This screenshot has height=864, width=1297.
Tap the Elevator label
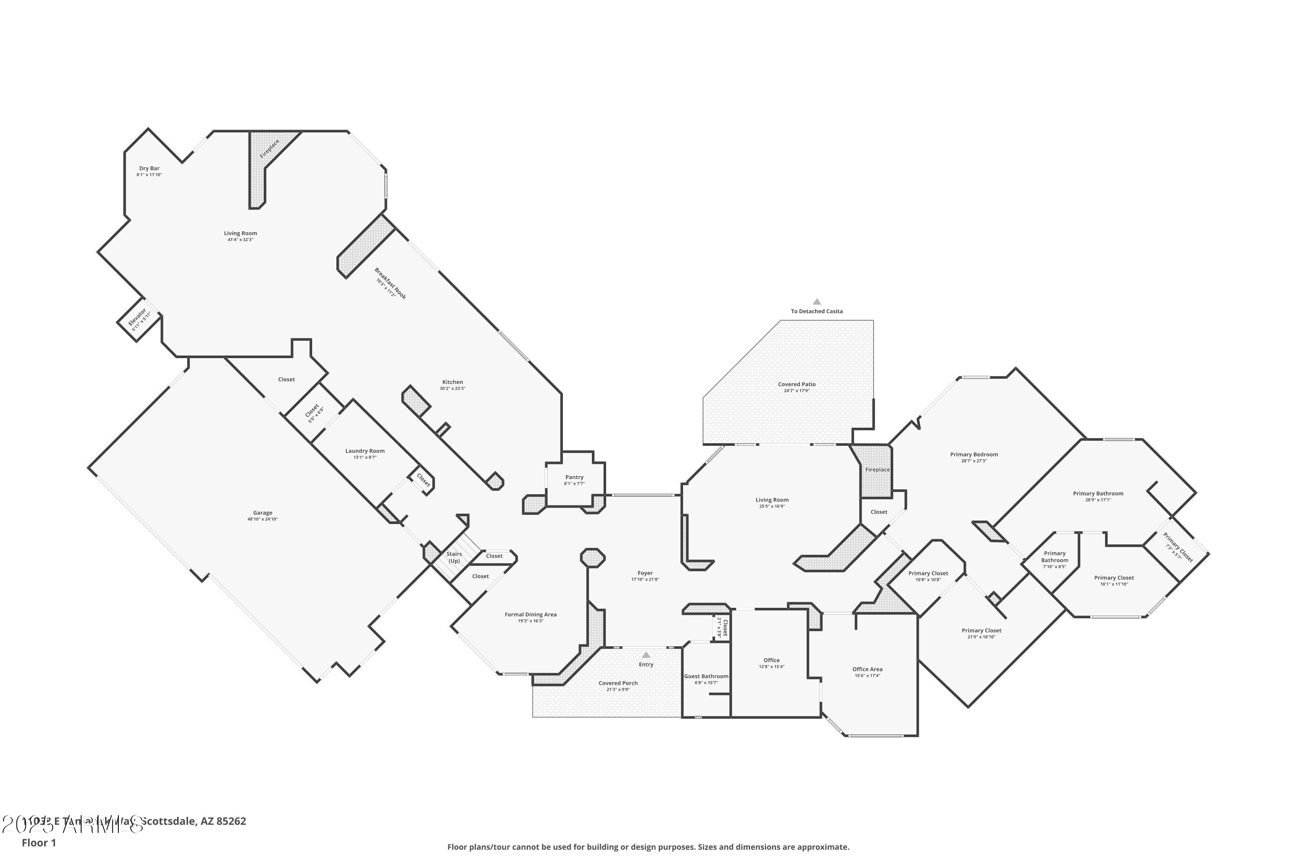[137, 319]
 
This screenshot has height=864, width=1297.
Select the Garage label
[262, 513]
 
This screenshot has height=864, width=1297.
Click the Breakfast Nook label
[390, 284]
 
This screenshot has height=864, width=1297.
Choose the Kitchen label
[452, 382]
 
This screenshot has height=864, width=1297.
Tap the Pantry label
[574, 478]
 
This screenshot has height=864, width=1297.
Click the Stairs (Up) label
[454, 558]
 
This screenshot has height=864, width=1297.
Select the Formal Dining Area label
[530, 615]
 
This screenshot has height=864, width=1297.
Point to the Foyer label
[645, 574]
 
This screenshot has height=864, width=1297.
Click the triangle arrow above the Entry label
[646, 654]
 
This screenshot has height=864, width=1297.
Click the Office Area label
[867, 670]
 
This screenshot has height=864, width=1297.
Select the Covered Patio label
[796, 384]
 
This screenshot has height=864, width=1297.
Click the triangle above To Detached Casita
[817, 302]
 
